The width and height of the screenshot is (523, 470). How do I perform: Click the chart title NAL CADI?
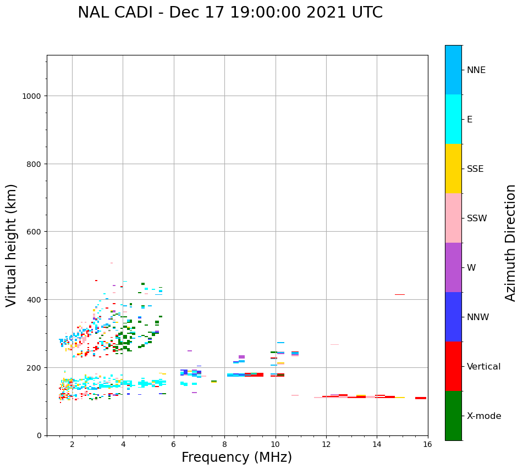tap(230, 13)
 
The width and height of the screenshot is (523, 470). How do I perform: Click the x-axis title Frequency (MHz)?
tap(236, 457)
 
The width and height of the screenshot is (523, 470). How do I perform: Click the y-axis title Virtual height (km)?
tap(12, 245)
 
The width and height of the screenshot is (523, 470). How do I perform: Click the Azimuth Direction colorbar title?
tap(511, 243)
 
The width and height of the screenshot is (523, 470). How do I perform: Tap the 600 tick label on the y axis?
tap(34, 232)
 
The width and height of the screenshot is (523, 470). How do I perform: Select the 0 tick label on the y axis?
tap(39, 435)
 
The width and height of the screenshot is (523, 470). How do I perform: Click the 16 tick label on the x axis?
tap(427, 445)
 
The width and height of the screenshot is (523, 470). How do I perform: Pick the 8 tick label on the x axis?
tap(224, 445)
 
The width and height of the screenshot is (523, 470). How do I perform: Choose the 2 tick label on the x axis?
tap(72, 445)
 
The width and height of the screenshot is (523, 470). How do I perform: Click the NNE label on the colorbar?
tap(476, 70)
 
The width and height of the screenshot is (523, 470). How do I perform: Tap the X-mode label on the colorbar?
tap(484, 416)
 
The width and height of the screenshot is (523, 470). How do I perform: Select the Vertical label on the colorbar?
tap(484, 367)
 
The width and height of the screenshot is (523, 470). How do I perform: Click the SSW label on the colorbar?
tap(477, 219)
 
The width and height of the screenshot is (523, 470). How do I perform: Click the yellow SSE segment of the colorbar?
tap(453, 169)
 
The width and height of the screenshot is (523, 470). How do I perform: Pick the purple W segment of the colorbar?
tap(453, 267)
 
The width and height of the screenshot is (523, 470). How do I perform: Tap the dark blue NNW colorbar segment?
tap(453, 317)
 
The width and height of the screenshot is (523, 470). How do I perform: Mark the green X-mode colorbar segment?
tap(453, 416)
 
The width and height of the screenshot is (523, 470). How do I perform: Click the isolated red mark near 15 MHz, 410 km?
tap(399, 295)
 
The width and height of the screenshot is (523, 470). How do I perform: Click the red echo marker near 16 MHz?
tap(421, 398)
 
